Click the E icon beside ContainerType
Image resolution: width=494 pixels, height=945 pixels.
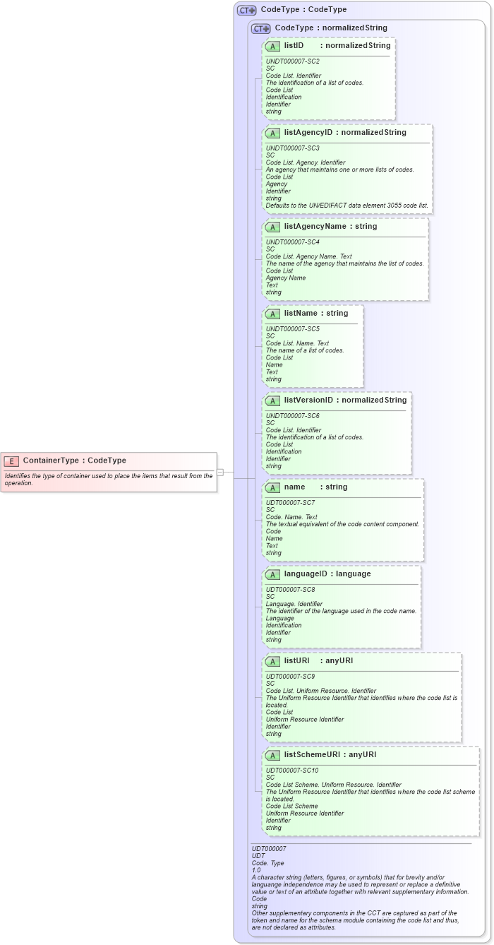[x=11, y=460]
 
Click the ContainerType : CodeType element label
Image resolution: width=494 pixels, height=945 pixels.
[x=74, y=460]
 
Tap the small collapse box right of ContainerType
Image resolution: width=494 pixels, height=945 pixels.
[x=220, y=472]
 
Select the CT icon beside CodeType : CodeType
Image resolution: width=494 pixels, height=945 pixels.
[x=246, y=11]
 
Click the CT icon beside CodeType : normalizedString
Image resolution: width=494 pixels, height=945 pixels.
[x=261, y=28]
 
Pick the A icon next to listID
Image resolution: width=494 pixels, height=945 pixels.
[x=273, y=46]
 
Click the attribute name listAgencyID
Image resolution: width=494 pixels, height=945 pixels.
[x=308, y=132]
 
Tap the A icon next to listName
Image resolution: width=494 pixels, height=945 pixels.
[x=273, y=314]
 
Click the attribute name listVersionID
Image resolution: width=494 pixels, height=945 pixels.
[x=308, y=400]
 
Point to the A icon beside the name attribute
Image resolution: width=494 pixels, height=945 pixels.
[x=273, y=487]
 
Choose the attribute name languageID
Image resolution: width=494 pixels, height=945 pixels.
[x=307, y=574]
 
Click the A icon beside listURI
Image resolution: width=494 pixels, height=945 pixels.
[x=273, y=661]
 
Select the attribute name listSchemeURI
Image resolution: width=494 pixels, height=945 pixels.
[x=313, y=755]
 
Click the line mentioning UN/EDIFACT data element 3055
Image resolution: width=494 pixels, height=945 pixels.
[x=347, y=206]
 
